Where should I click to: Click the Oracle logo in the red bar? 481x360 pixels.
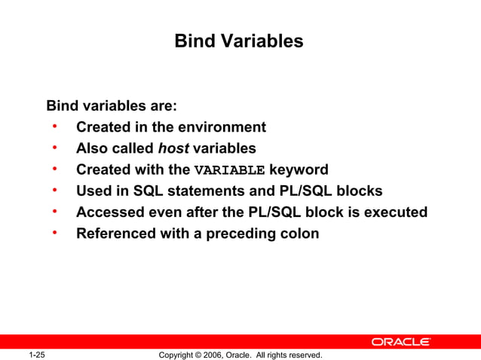400,342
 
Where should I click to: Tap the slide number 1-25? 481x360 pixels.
36,355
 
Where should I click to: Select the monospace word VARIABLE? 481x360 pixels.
229,170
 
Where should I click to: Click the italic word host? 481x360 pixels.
173,148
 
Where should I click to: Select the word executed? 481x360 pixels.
396,212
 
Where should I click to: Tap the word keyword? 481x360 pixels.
299,169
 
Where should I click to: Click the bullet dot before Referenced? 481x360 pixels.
56,233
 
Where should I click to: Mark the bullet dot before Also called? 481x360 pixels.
56,148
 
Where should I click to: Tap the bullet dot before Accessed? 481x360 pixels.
56,212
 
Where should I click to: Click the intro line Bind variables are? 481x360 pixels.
112,105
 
